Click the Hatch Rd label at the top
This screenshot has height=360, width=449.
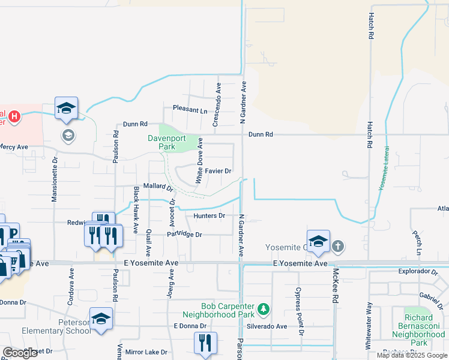click(372, 26)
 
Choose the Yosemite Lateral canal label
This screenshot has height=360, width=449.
click(384, 169)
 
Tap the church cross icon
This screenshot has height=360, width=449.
click(338, 245)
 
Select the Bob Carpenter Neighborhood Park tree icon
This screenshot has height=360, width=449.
click(262, 309)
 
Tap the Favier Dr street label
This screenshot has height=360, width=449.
click(218, 171)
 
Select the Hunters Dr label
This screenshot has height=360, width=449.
click(209, 215)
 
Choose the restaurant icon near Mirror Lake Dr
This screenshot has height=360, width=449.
click(205, 343)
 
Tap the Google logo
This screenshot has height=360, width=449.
click(20, 353)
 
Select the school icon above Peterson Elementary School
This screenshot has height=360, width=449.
click(101, 319)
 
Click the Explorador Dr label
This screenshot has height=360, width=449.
click(419, 271)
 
